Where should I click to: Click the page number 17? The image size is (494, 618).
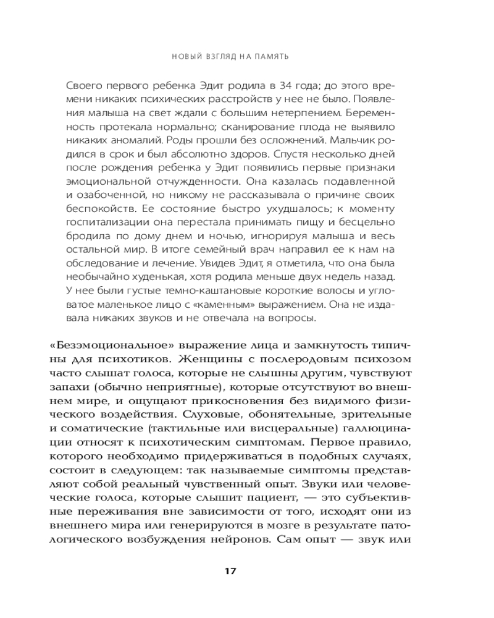230,571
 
